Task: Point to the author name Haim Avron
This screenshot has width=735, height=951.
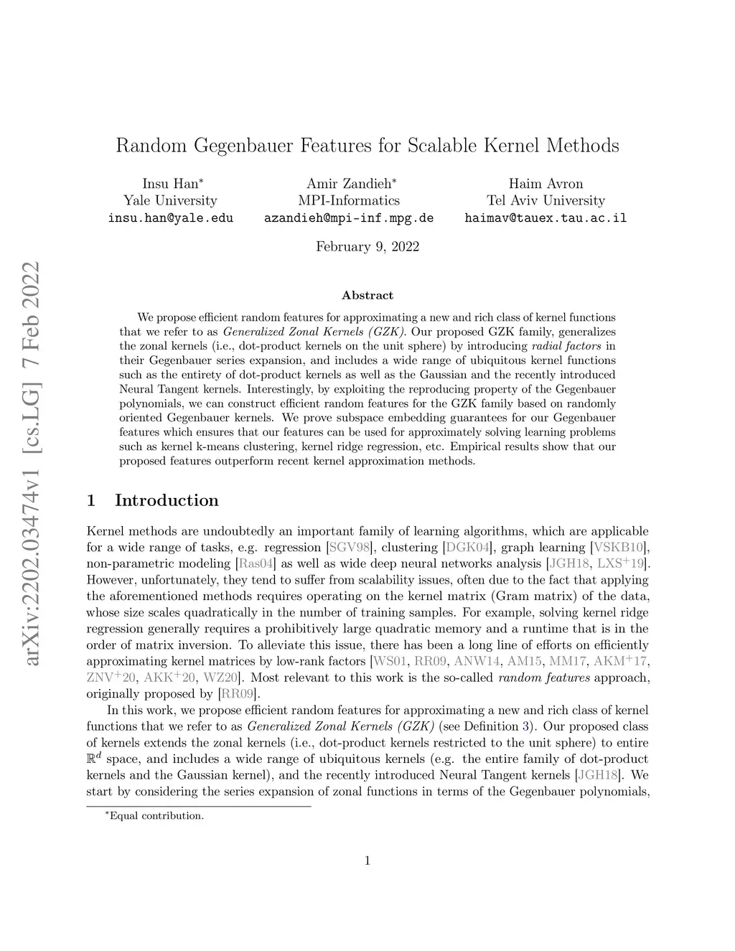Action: click(x=546, y=184)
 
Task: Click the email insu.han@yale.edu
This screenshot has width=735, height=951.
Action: click(x=170, y=217)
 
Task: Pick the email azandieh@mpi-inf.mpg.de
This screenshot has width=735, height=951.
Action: click(x=349, y=217)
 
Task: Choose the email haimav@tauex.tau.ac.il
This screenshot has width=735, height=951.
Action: click(x=546, y=217)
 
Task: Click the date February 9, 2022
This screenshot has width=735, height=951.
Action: click(x=367, y=247)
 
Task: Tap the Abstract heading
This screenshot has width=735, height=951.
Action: click(x=367, y=295)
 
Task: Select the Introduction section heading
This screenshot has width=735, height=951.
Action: click(x=166, y=500)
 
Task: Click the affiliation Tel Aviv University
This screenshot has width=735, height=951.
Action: click(x=546, y=200)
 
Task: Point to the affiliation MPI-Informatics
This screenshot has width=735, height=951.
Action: click(x=349, y=200)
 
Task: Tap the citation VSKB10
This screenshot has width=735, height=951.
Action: click(x=619, y=548)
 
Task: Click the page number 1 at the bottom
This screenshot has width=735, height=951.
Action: click(x=367, y=861)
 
